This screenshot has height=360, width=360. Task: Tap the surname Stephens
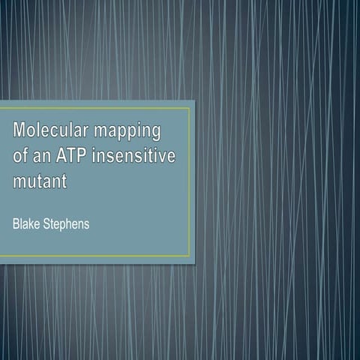pos(68,225)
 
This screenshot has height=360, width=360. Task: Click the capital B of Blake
pos(16,224)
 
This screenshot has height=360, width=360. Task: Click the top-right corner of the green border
pos(189,107)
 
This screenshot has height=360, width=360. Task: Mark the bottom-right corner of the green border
pos(189,256)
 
